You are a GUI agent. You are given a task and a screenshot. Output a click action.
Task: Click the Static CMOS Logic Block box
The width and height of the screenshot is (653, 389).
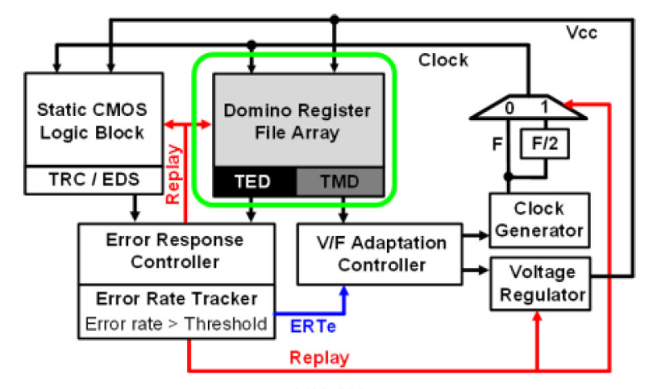click(x=92, y=120)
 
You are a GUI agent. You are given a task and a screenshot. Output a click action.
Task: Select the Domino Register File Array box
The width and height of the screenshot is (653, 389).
click(x=298, y=120)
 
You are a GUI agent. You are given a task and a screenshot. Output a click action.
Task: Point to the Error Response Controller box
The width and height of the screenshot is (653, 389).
click(x=175, y=252)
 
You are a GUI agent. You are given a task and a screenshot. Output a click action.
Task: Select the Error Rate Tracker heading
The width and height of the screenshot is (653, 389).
click(x=175, y=298)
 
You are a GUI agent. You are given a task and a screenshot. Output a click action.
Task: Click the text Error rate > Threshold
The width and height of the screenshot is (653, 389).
click(x=175, y=323)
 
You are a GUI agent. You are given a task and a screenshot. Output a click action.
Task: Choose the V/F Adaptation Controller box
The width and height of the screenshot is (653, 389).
click(x=382, y=254)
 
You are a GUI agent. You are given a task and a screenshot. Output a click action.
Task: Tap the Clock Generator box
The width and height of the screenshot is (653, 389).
click(x=537, y=218)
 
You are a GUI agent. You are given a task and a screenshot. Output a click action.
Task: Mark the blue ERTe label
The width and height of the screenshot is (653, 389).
click(x=313, y=325)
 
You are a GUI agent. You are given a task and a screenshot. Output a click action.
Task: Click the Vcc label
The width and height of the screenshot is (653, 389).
click(x=582, y=33)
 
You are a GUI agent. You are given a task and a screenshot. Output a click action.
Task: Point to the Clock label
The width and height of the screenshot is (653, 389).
click(x=443, y=60)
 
